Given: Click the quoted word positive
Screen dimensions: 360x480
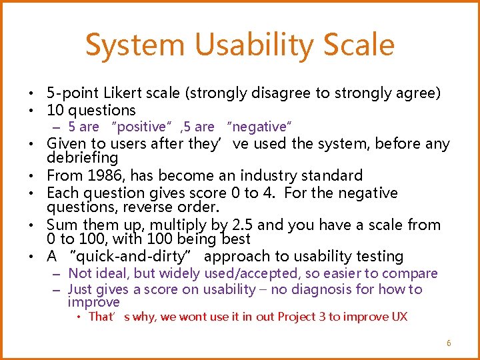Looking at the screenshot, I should click(x=141, y=127).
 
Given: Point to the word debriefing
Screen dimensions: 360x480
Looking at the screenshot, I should click(x=82, y=158).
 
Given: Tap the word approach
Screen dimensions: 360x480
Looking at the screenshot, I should click(x=234, y=257).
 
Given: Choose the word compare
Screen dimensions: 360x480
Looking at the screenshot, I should click(x=413, y=273).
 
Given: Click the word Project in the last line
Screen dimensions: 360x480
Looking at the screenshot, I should click(x=298, y=317).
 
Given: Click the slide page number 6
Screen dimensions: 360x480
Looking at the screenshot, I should click(x=449, y=343).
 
